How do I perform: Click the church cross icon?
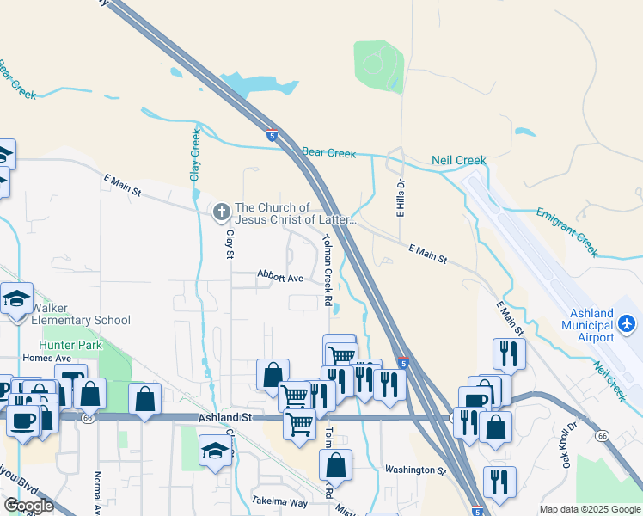tap(221, 211)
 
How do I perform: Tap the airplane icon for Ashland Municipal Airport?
tap(627, 323)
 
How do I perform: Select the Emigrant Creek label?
tap(566, 231)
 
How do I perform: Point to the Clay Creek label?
tap(195, 155)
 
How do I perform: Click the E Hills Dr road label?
tap(400, 199)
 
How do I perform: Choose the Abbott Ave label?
tap(280, 277)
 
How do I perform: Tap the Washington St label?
tap(415, 470)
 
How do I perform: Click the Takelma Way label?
tap(279, 501)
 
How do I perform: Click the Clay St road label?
tap(230, 244)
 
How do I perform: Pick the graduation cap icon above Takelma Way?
tap(215, 451)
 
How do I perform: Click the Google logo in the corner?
tap(28, 506)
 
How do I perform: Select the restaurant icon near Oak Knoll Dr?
tap(499, 482)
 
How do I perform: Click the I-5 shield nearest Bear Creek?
tap(272, 135)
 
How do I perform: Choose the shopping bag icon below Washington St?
tap(335, 465)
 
